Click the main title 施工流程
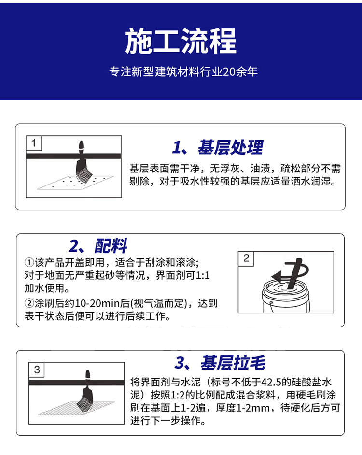181,42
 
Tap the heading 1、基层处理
218,147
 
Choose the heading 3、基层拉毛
220,362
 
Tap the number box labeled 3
37,370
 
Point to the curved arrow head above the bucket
276,276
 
